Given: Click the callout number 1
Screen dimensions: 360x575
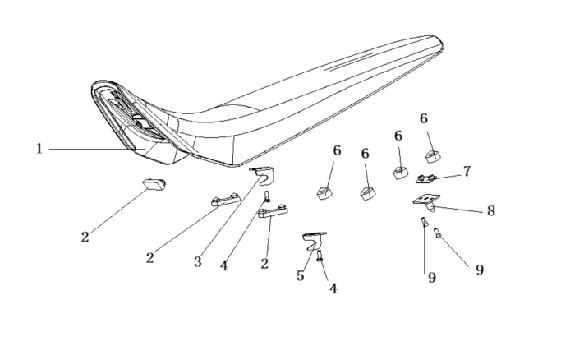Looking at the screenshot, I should [x=38, y=149].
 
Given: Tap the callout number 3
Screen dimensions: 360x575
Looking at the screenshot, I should [x=198, y=261].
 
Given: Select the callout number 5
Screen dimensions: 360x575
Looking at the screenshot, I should [x=301, y=276].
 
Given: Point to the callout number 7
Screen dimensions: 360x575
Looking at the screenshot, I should [x=467, y=172].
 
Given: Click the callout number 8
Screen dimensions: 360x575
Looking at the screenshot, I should [x=490, y=210].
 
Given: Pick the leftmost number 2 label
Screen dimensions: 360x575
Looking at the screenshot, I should [x=84, y=236].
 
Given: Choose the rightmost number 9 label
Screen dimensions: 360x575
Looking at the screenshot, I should [x=479, y=270].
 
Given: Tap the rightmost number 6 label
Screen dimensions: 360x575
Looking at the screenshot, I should [x=424, y=118].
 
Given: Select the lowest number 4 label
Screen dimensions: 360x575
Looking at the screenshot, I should [x=333, y=288].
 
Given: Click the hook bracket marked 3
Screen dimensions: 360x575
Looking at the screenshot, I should [x=262, y=174].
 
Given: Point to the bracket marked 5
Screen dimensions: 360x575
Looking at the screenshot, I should [x=313, y=239].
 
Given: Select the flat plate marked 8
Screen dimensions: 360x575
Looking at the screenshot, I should [x=426, y=200].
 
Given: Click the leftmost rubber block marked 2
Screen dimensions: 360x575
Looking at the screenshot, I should [x=155, y=183].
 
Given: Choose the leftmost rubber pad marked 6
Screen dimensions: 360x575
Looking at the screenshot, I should [x=324, y=192].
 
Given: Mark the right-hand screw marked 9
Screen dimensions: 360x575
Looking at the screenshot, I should [x=438, y=233].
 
